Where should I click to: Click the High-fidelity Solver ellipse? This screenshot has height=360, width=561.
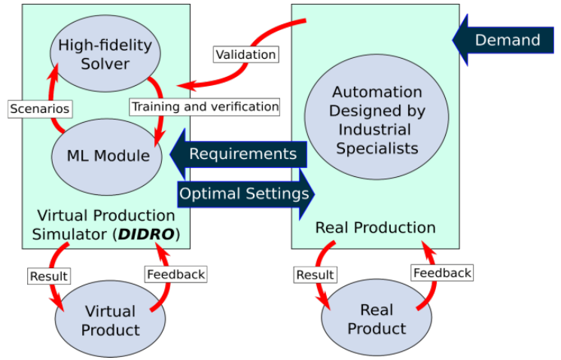pyautogui.click(x=105, y=54)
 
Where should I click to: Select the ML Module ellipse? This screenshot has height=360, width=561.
pyautogui.click(x=106, y=157)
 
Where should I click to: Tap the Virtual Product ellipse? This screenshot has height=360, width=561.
pyautogui.click(x=110, y=320)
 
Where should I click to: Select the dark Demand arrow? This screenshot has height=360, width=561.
pyautogui.click(x=506, y=40)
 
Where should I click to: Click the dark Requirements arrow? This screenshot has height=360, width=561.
pyautogui.click(x=239, y=154)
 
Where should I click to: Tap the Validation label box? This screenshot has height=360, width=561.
pyautogui.click(x=245, y=54)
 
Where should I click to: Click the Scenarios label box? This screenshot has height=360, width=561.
pyautogui.click(x=40, y=108)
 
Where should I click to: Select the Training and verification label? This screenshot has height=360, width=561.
pyautogui.click(x=205, y=106)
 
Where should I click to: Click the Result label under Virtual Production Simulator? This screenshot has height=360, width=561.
pyautogui.click(x=49, y=276)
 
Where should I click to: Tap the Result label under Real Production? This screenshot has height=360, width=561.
pyautogui.click(x=316, y=275)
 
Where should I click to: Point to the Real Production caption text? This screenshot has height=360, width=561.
pyautogui.click(x=375, y=227)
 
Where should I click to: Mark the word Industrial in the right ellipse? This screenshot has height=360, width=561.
pyautogui.click(x=377, y=130)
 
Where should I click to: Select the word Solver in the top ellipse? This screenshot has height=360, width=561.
pyautogui.click(x=106, y=63)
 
